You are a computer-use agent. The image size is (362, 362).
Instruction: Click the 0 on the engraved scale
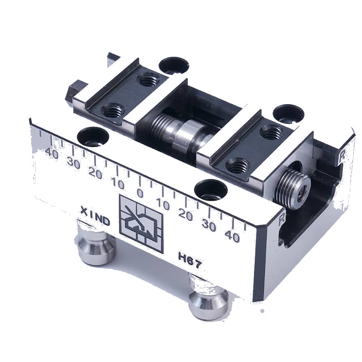click(x=140, y=193)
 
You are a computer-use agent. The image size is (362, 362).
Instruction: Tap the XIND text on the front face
click(x=95, y=216)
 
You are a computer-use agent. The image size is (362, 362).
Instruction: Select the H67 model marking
click(x=190, y=260)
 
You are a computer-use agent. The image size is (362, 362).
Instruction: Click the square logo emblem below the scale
click(x=141, y=224)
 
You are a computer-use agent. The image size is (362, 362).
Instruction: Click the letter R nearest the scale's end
click(x=281, y=219)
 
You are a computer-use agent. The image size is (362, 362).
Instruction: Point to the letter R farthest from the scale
click(x=342, y=156)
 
